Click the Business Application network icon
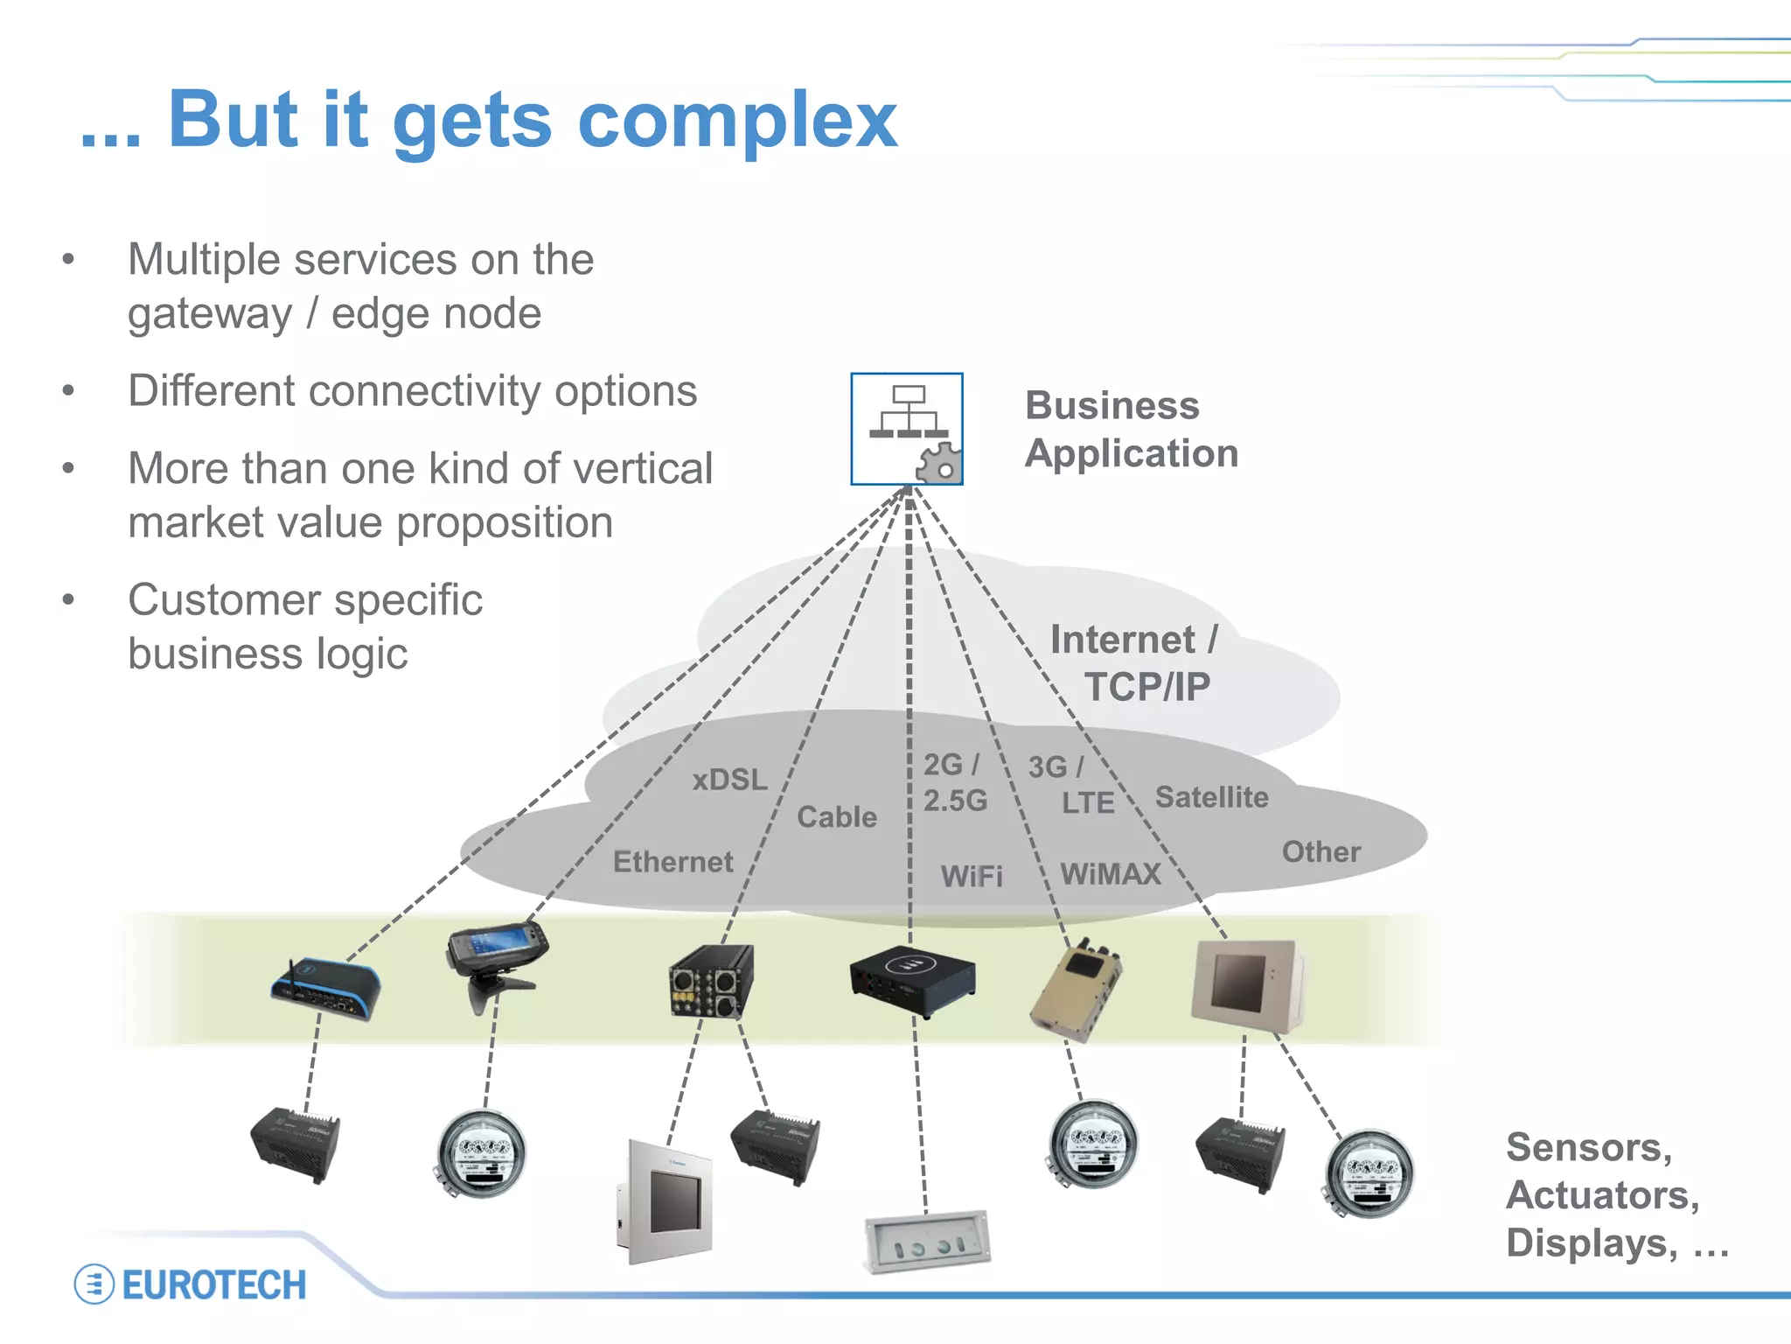pos(907,429)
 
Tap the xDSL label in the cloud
pos(729,780)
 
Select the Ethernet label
pos(672,862)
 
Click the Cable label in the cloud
pos(836,817)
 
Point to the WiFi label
pos(972,876)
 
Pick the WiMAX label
pos(1111,873)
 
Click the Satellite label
pos(1211,797)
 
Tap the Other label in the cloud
pos(1321,851)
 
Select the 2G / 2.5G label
pos(954,782)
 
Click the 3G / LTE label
pos(1070,785)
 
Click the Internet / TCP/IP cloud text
pos(1134,663)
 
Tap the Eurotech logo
pos(191,1284)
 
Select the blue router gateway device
pos(325,990)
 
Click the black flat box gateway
pos(912,979)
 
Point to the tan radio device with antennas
pos(1077,994)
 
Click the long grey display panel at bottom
pos(927,1241)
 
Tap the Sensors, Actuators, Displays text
pos(1616,1195)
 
